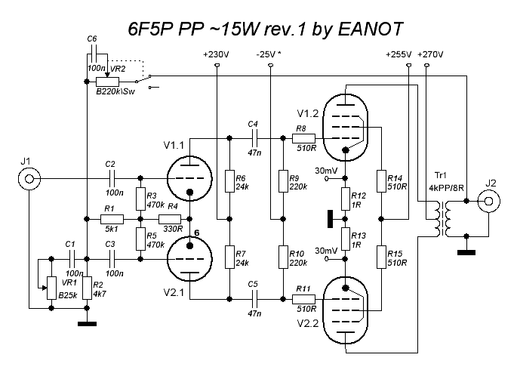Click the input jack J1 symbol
tap(29, 178)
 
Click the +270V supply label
tap(430, 55)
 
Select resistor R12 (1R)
tap(346, 199)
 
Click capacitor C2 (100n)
tap(111, 179)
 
